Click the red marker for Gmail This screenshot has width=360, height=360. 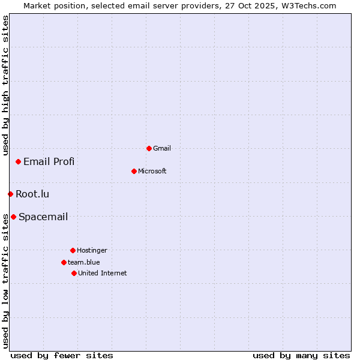click(x=149, y=148)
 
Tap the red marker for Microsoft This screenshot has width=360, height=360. click(x=134, y=171)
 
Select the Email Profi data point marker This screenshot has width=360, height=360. click(x=19, y=161)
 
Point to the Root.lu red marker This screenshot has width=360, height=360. click(x=10, y=194)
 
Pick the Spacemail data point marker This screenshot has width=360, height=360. click(x=13, y=217)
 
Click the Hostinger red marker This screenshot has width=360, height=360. click(x=73, y=250)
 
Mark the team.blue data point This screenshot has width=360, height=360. click(x=64, y=262)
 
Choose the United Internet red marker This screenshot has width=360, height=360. click(x=74, y=273)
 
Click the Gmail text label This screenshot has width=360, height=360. click(x=162, y=148)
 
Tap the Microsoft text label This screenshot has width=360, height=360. click(x=152, y=171)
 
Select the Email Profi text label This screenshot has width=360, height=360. click(x=49, y=161)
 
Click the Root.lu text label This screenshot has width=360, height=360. click(x=32, y=194)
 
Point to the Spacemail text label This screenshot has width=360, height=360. click(x=43, y=217)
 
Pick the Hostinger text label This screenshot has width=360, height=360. click(x=92, y=250)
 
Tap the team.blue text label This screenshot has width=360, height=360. click(x=84, y=262)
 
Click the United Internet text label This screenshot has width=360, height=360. click(x=103, y=273)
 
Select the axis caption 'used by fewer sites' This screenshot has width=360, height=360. click(x=62, y=355)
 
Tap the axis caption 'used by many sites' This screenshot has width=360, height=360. click(x=301, y=355)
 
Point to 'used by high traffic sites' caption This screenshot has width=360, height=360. click(x=5, y=85)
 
